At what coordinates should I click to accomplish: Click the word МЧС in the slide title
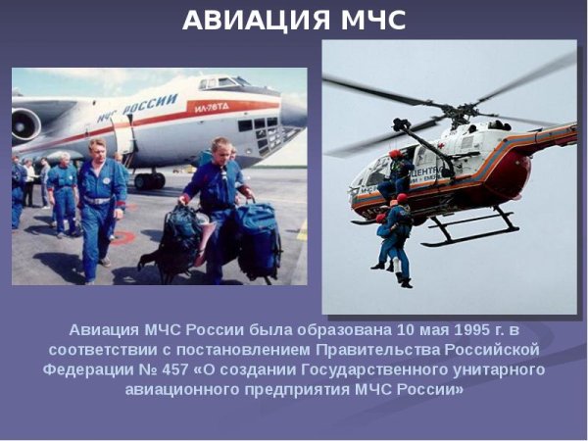[x=369, y=20]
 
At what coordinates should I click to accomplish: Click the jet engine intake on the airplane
[x=26, y=124]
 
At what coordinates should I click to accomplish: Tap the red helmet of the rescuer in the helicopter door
[x=395, y=155]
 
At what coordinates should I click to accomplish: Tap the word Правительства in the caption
[x=405, y=350]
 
